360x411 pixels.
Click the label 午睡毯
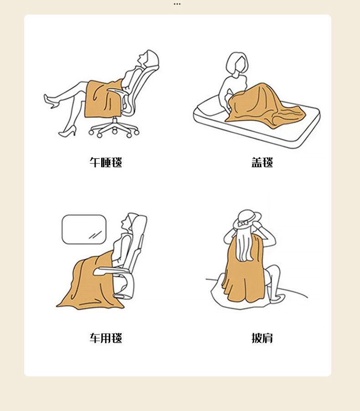pos(106,162)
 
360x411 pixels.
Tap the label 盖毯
pos(262,162)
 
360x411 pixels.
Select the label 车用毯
pos(106,338)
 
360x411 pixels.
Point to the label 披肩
pos(262,338)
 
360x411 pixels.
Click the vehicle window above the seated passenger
pos(84,229)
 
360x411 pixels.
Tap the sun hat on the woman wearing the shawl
pos(247,218)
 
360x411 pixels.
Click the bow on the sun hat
pos(243,223)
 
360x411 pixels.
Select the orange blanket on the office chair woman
pos(103,99)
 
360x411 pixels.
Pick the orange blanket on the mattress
pos(265,106)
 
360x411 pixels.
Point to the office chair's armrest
pos(117,91)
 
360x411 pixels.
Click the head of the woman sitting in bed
pos(237,63)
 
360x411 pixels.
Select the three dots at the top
pos(177,4)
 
